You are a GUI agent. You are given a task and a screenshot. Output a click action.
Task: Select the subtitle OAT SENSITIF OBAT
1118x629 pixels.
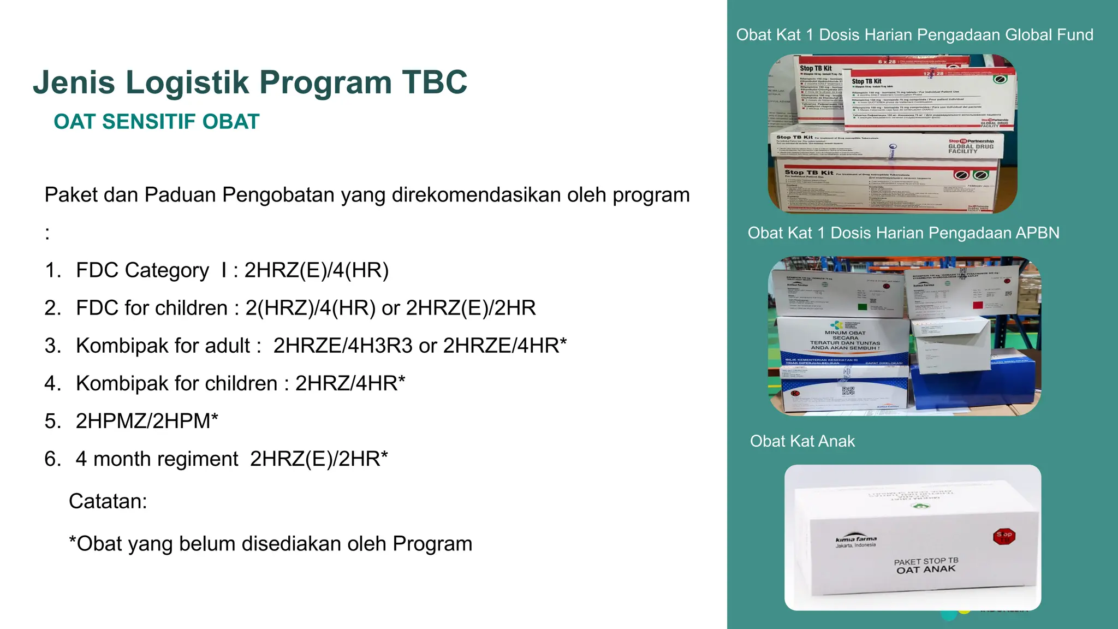pos(156,122)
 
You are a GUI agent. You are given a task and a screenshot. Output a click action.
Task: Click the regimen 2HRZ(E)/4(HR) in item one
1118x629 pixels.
pos(316,270)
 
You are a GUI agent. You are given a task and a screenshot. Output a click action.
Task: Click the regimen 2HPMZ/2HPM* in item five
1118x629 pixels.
pos(147,421)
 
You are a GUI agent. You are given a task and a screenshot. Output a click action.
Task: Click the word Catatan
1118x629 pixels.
pos(108,501)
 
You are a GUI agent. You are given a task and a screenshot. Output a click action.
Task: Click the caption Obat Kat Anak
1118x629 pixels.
pos(802,441)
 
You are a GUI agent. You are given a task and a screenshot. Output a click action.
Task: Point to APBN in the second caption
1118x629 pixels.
pos(1037,233)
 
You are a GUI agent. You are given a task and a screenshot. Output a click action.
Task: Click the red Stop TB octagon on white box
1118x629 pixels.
pos(1004,536)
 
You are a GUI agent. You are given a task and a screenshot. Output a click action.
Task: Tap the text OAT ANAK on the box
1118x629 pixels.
pos(926,569)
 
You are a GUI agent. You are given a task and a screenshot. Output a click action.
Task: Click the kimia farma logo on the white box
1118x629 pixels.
pos(855,541)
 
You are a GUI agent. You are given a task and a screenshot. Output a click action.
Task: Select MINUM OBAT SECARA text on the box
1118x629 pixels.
pos(845,335)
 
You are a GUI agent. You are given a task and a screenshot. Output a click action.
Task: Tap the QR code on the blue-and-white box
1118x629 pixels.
pos(848,390)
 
